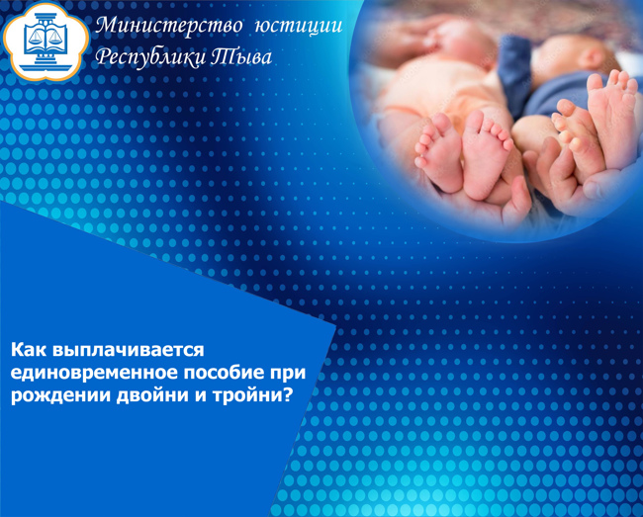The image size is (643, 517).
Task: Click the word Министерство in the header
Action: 168,27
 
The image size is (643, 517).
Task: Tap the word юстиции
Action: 299,27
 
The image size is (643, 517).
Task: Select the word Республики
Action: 149,57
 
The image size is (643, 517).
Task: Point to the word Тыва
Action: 241,57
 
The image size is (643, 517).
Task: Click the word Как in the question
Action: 28,350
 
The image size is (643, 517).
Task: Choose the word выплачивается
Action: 128,351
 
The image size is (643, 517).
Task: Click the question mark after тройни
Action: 288,394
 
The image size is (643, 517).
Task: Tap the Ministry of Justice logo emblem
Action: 46,42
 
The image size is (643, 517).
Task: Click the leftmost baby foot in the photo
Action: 439,153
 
